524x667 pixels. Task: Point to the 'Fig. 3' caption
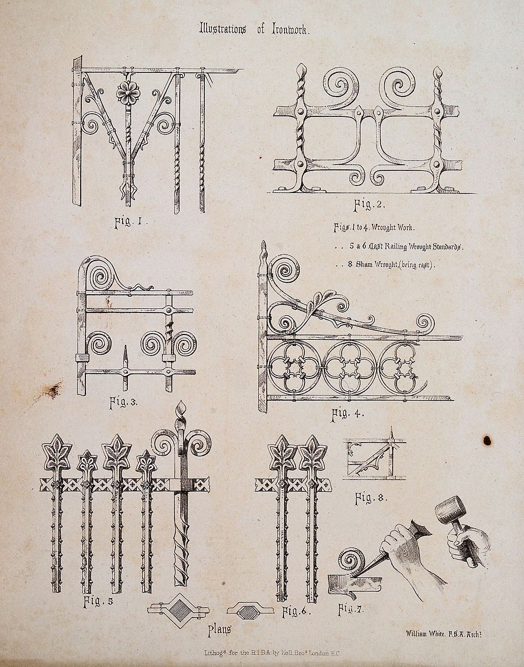click(123, 403)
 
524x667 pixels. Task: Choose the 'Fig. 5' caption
click(98, 601)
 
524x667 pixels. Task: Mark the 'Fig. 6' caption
click(297, 611)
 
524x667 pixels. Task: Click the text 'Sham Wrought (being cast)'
click(390, 266)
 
